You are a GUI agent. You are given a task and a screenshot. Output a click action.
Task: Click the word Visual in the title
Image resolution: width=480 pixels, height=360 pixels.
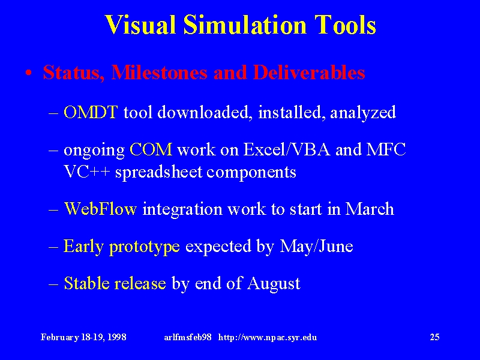tap(140, 25)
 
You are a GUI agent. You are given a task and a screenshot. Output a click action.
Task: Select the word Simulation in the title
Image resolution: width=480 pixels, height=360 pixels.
tap(245, 25)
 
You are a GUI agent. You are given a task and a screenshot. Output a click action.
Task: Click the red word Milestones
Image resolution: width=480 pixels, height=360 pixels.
tap(159, 73)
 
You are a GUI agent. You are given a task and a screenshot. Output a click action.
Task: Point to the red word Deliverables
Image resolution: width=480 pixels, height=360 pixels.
tap(309, 73)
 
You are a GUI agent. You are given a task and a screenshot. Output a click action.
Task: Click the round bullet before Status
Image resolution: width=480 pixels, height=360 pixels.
tap(29, 73)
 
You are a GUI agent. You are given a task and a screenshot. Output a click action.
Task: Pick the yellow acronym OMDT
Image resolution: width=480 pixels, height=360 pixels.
tap(91, 112)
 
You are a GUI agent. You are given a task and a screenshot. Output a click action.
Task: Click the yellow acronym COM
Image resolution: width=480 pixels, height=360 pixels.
tap(151, 149)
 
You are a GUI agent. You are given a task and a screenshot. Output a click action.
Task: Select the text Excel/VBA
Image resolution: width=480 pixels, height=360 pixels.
tap(287, 149)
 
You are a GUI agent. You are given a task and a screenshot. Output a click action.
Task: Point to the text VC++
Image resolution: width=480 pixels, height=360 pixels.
tap(86, 172)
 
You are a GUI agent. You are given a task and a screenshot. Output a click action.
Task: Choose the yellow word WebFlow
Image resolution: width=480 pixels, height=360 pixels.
tap(100, 209)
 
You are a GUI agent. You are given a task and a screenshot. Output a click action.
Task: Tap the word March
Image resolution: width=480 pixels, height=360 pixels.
tap(370, 209)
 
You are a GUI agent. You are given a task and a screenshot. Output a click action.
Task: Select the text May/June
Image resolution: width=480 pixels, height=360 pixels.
tap(316, 247)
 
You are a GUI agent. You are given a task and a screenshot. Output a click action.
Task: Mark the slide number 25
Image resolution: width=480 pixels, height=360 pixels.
tap(434, 337)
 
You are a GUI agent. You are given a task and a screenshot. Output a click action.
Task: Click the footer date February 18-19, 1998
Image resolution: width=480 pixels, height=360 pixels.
tap(83, 337)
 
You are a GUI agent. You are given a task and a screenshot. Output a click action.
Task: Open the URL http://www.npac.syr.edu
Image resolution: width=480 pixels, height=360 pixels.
tap(268, 338)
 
